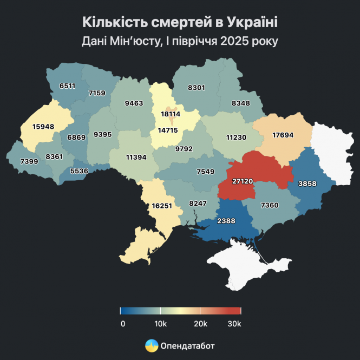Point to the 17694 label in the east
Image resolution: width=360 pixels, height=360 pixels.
point(283,135)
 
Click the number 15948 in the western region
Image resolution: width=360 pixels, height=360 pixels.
point(43,127)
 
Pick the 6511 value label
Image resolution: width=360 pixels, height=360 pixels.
point(68,86)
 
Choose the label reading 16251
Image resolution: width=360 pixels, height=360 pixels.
point(163,206)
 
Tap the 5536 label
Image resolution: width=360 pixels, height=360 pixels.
point(78,171)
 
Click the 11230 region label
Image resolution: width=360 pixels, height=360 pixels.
point(236,138)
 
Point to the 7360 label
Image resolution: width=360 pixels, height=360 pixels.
point(270,205)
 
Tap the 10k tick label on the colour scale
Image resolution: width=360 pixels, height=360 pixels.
point(160,324)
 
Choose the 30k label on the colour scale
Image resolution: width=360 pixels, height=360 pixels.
point(234,324)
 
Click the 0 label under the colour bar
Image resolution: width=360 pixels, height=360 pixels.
point(123,324)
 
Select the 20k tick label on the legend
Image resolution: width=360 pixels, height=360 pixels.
point(200,324)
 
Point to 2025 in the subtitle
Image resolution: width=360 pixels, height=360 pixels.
point(235,41)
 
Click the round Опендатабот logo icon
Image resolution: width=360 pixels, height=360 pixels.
point(152,345)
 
